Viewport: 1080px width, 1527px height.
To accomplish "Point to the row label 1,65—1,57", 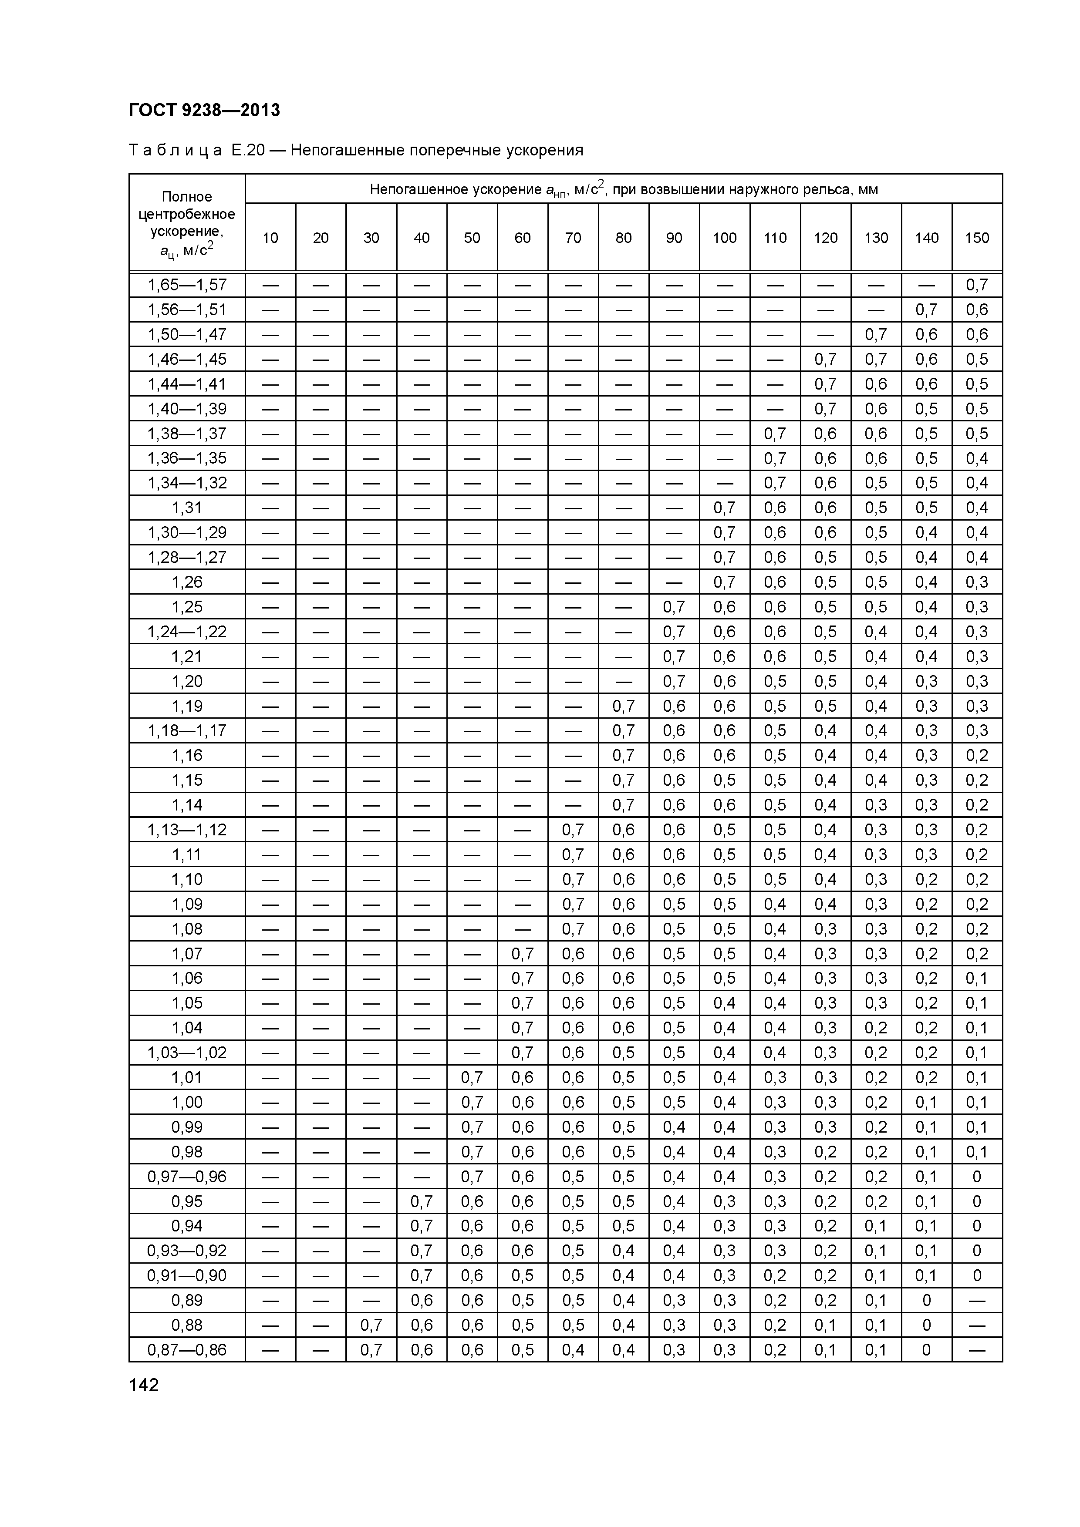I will coord(187,285).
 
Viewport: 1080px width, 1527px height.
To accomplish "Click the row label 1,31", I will coord(187,508).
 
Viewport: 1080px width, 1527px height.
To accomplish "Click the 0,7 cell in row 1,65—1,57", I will coord(976,285).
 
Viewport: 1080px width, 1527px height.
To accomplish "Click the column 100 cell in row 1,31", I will coord(724,508).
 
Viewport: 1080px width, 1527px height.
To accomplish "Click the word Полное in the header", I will coord(187,196).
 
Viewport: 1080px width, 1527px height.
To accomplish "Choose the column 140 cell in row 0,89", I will coord(926,1300).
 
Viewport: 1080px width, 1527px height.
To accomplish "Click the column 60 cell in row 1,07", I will coord(523,954).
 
